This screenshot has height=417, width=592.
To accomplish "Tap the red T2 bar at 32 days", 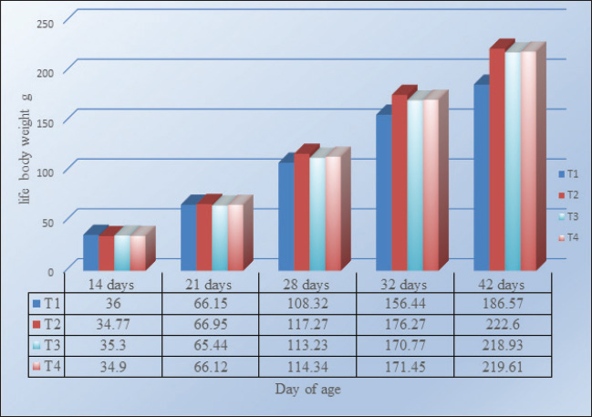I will (399, 182).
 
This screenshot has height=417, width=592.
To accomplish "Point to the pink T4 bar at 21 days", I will (234, 237).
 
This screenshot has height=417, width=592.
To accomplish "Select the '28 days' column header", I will (305, 284).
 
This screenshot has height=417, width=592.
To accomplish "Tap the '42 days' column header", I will (500, 284).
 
